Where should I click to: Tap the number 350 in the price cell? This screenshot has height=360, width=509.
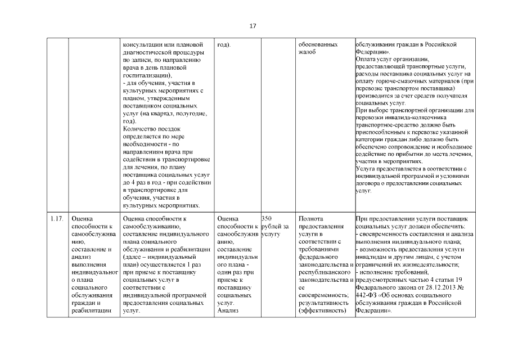[267, 218]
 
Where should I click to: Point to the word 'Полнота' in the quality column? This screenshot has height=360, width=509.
[312, 218]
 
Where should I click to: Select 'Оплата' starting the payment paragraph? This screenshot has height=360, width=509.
[367, 59]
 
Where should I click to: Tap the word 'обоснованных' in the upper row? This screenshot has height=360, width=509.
[318, 44]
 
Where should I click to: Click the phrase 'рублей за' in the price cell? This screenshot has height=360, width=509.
[275, 226]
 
